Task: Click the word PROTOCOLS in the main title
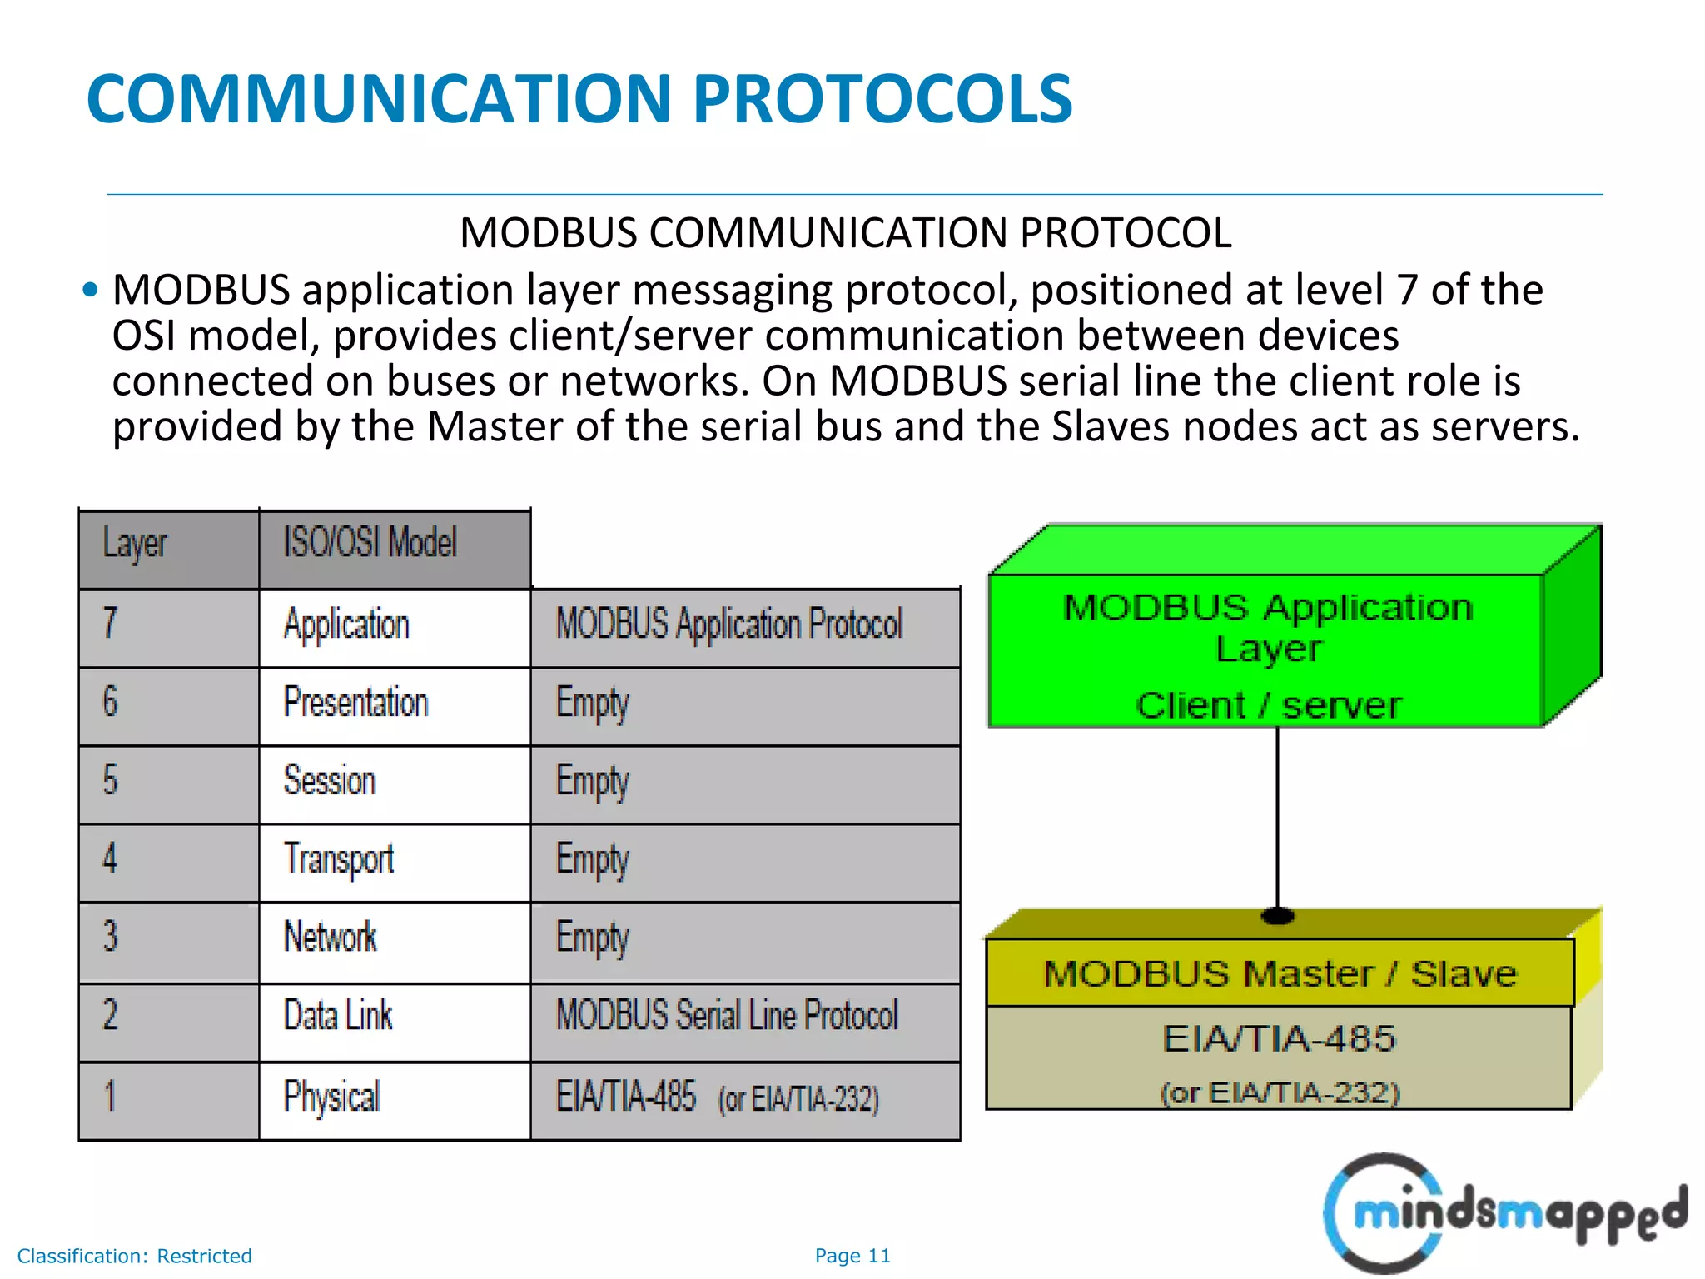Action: pos(882,98)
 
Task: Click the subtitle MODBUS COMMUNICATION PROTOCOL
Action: pos(845,232)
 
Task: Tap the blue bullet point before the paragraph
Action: pos(91,290)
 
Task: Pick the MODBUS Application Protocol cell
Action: pos(745,626)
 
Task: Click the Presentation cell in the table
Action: pos(395,704)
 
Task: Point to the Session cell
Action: pos(395,783)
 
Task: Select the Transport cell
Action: pos(395,861)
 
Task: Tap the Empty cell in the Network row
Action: pos(745,940)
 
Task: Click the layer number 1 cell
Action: pos(169,1098)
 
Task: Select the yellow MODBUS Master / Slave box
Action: pos(1280,973)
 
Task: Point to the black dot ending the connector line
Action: pos(1277,916)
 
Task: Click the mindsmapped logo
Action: pos(1503,1212)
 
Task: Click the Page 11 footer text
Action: pos(852,1255)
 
